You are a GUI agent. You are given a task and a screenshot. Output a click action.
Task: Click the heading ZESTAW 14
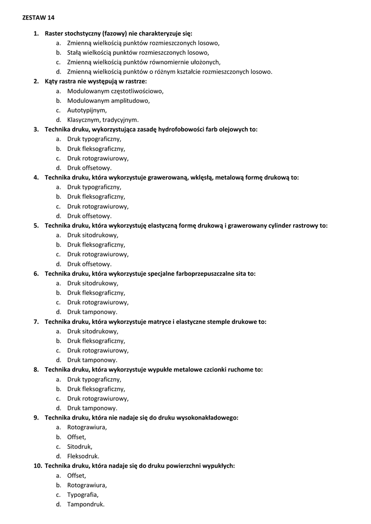[x=38, y=17]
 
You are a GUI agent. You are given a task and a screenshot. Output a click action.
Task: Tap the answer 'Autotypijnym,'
[x=87, y=110]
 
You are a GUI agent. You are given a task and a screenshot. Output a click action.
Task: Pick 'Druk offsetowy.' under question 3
[x=89, y=168]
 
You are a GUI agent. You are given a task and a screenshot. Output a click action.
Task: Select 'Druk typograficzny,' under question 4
[x=94, y=187]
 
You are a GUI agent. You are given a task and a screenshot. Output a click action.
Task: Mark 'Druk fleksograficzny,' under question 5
[x=96, y=245]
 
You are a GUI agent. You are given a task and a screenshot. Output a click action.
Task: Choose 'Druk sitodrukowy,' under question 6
[x=93, y=283]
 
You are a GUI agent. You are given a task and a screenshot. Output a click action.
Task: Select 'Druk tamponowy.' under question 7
[x=92, y=360]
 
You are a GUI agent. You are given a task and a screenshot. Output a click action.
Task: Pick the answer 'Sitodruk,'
[x=80, y=446]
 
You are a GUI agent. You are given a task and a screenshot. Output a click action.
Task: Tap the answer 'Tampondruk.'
[x=85, y=504]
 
